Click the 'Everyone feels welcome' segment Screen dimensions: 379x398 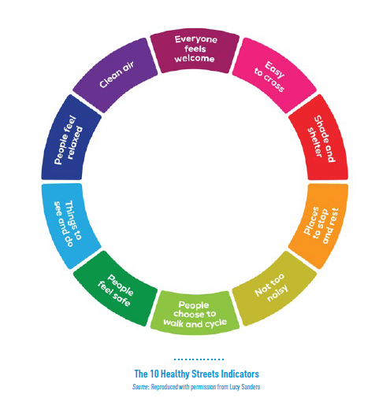[195, 50]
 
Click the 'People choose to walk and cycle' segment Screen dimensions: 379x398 [195, 313]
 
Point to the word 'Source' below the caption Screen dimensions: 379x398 [140, 387]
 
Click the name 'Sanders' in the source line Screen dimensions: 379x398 [251, 387]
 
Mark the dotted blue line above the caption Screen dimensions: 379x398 [199, 359]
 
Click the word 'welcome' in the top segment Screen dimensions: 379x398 [195, 58]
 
